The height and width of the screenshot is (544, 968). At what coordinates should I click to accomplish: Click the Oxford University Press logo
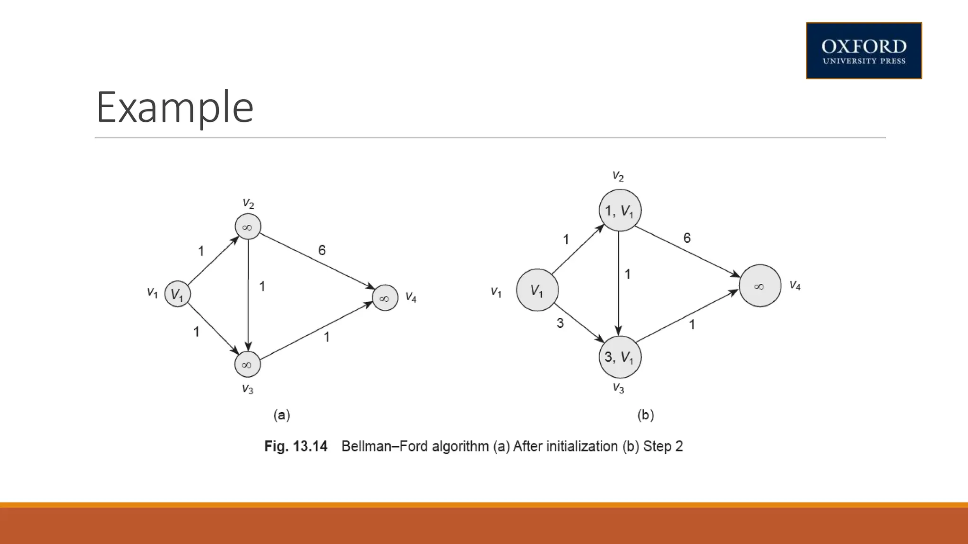click(864, 51)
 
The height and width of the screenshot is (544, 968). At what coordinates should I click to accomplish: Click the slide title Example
click(175, 107)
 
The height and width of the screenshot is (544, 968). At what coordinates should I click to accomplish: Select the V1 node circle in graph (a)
click(177, 294)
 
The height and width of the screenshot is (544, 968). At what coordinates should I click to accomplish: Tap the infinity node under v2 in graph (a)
click(248, 227)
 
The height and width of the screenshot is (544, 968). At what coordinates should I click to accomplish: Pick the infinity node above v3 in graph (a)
click(247, 364)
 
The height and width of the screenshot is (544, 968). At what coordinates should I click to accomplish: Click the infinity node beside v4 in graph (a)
click(385, 298)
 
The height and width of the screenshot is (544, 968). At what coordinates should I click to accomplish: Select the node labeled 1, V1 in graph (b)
click(620, 211)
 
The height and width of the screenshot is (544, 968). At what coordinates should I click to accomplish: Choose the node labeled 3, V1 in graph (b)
click(620, 357)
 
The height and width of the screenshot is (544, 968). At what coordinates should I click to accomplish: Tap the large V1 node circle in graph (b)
click(537, 290)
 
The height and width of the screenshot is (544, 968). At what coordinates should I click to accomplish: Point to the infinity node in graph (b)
click(760, 286)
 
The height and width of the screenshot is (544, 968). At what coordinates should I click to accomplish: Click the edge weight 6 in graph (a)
click(322, 250)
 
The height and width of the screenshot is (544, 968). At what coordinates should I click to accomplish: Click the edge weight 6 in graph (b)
click(687, 238)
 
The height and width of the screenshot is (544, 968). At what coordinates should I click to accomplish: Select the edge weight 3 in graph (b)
click(560, 323)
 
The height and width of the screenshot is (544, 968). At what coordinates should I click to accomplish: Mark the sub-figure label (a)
click(282, 415)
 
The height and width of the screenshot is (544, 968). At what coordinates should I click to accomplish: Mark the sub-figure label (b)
click(646, 415)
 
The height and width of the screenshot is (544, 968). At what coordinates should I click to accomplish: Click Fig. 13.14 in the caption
click(295, 446)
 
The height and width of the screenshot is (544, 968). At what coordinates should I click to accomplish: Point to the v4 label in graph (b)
click(795, 285)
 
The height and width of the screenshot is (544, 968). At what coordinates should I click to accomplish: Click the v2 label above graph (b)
click(618, 176)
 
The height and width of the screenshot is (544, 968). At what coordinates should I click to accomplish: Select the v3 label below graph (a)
click(248, 389)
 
